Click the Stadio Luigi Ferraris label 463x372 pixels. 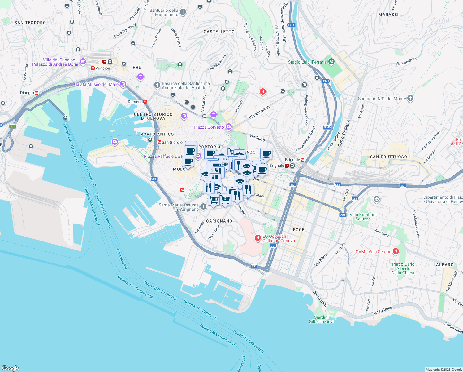point(307,62)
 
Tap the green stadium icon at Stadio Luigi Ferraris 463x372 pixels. point(331,61)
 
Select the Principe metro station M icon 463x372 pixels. point(93,68)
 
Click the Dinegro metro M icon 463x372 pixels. point(37,93)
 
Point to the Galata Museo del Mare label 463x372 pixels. point(96,84)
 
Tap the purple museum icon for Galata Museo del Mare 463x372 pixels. point(123,84)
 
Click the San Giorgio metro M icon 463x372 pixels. point(159,142)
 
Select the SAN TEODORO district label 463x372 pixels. point(30,23)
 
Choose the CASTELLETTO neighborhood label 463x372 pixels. point(219,32)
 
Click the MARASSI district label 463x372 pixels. point(388,15)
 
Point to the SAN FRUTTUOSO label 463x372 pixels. point(388,157)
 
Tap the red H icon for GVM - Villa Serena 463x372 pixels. point(396,251)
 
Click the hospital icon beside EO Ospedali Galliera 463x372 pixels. point(257,238)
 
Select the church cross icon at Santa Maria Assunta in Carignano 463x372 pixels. point(203,206)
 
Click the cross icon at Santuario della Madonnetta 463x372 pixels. point(183,12)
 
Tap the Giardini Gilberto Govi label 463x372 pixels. point(321,319)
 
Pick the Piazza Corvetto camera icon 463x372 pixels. point(228,126)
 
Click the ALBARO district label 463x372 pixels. point(445,265)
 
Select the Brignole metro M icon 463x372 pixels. point(302,160)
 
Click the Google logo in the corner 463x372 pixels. point(11,368)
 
